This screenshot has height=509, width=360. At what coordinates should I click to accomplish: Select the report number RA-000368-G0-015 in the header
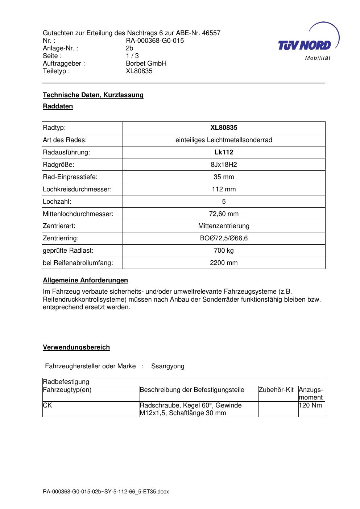[x=155, y=41]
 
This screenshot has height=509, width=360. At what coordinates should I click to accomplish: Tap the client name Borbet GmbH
[x=146, y=63]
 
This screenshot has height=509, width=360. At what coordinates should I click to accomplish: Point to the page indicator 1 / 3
[x=132, y=56]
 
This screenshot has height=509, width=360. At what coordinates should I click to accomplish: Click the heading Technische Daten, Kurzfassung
[x=93, y=95]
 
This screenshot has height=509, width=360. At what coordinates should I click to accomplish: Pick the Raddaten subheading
[x=58, y=106]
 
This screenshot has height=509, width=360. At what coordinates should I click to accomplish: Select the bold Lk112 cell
[x=224, y=152]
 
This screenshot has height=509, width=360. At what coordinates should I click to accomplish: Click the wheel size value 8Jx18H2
[x=224, y=165]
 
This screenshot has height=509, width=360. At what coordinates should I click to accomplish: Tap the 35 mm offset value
[x=224, y=177]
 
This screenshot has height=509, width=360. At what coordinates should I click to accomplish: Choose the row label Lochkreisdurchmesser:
[x=77, y=189]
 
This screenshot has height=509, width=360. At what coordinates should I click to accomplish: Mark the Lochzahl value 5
[x=224, y=202]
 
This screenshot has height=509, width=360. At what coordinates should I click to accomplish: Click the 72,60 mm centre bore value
[x=224, y=214]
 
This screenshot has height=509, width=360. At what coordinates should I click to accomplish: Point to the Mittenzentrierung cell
[x=224, y=226]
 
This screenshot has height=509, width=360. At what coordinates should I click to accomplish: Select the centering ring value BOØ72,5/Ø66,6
[x=224, y=239]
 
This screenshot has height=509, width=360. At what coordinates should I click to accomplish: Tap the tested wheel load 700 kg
[x=224, y=251]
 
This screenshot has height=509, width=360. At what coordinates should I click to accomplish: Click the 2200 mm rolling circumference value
[x=224, y=263]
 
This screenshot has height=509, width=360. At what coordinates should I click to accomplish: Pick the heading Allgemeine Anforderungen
[x=86, y=280]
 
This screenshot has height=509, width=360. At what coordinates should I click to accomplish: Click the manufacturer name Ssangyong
[x=168, y=366]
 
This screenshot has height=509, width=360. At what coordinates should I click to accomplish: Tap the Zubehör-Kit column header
[x=276, y=390]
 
